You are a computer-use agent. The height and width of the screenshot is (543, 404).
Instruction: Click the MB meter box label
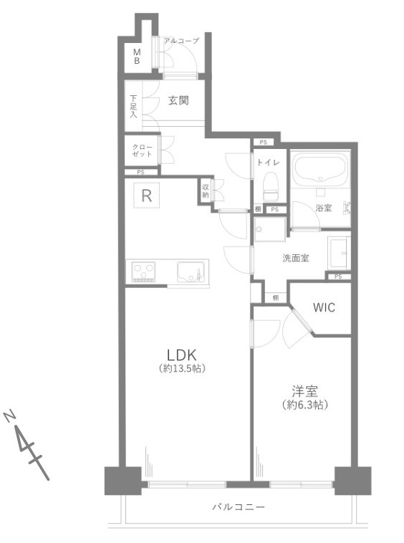[x=136, y=56]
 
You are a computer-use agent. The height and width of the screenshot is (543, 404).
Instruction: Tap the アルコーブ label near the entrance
[x=181, y=41]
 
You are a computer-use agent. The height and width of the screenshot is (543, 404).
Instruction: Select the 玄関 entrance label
[x=178, y=101]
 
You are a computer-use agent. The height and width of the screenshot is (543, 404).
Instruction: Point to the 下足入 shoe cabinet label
[x=133, y=105]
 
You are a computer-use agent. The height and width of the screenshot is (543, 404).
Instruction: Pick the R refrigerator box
[x=146, y=196]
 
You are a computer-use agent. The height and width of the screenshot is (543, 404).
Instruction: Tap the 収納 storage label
[x=205, y=190]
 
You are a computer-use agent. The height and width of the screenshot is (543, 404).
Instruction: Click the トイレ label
[x=268, y=163]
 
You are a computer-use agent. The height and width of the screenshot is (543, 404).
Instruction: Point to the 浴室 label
[x=324, y=208]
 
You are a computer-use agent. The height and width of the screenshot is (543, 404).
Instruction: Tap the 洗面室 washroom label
[x=295, y=258]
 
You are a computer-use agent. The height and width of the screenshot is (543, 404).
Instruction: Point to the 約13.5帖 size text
[x=181, y=369]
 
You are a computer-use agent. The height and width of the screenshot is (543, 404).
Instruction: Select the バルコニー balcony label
[x=239, y=507]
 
